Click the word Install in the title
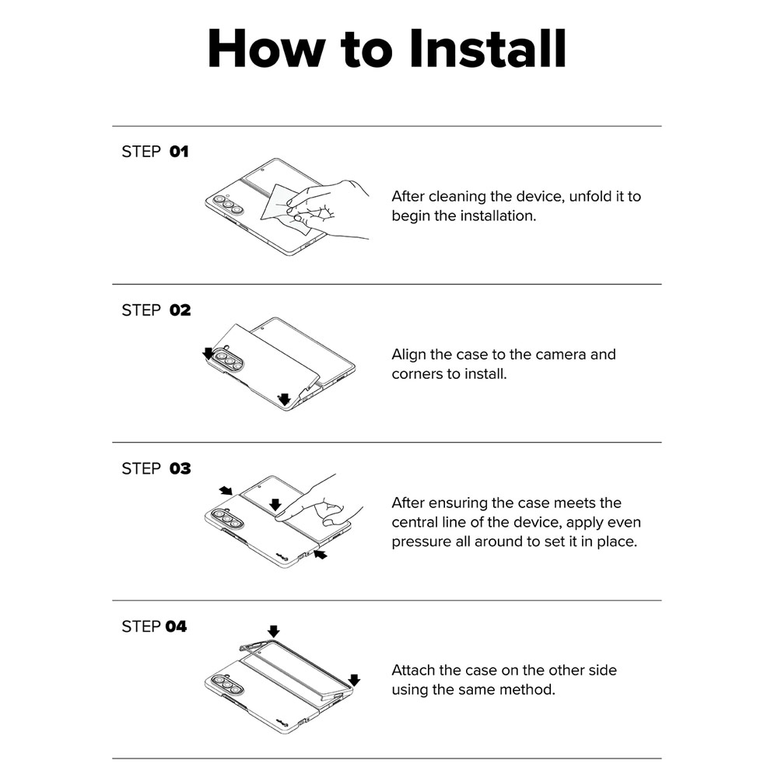pyautogui.click(x=488, y=48)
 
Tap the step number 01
pyautogui.click(x=179, y=152)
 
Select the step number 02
pyautogui.click(x=180, y=310)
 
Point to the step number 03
pyautogui.click(x=180, y=468)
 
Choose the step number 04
pyautogui.click(x=176, y=626)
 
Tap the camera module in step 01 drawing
pyautogui.click(x=228, y=204)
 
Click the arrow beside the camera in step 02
pyautogui.click(x=209, y=353)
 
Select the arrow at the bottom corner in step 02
pyautogui.click(x=284, y=399)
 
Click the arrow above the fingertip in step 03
pyautogui.click(x=275, y=505)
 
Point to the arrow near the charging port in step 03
pyautogui.click(x=321, y=554)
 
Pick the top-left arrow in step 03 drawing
pyautogui.click(x=226, y=491)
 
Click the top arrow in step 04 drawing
pyautogui.click(x=273, y=631)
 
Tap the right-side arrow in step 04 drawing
pyautogui.click(x=354, y=679)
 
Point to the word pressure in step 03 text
pyautogui.click(x=421, y=541)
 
